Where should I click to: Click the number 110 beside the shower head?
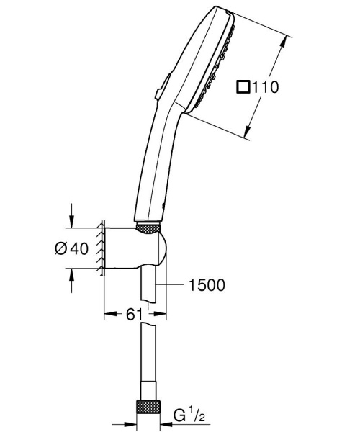(264, 87)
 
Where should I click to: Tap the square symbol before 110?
(243, 87)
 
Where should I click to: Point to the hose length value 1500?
(205, 285)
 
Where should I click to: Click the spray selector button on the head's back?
(160, 86)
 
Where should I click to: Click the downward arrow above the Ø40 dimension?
(72, 220)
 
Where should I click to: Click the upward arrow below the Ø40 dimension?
(72, 276)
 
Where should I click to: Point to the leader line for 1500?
(173, 286)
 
